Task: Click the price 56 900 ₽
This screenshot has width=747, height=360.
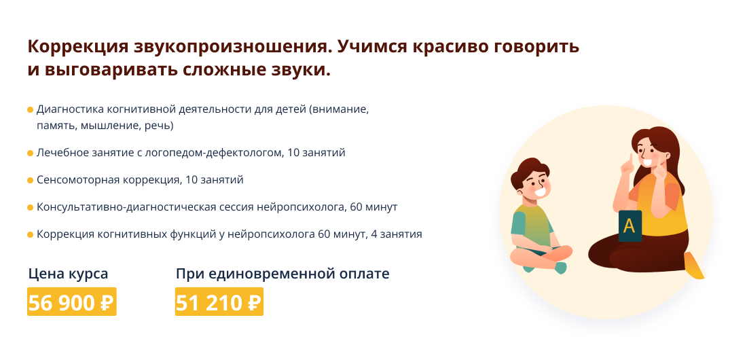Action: pos(71,302)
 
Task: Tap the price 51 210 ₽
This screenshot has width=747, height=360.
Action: pos(219,302)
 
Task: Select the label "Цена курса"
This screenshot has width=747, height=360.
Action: pos(68,274)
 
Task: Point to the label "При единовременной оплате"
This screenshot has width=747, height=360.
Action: pos(283,274)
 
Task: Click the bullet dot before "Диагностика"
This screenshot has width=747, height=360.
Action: pos(30,109)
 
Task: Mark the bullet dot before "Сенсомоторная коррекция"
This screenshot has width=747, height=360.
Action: pos(30,180)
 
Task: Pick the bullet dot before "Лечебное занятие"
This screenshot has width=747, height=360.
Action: pos(30,154)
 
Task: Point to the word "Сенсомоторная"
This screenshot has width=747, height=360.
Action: pos(78,180)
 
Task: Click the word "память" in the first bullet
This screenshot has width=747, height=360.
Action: pos(56,126)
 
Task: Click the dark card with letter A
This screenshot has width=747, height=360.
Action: pos(630,226)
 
